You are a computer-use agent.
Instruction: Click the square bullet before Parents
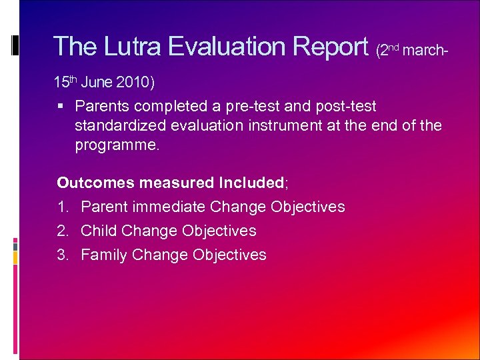(x=61, y=106)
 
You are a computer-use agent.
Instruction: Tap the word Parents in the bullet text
(x=101, y=106)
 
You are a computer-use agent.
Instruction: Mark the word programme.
(x=117, y=145)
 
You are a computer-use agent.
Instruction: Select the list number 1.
(x=63, y=207)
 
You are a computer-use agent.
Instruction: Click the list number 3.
(x=63, y=255)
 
